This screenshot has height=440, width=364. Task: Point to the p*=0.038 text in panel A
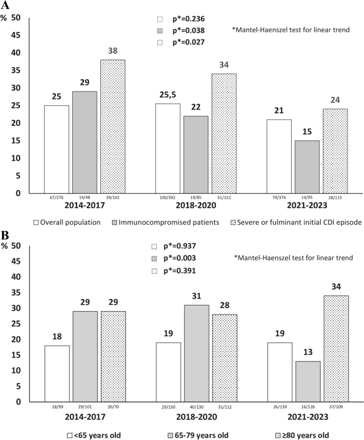pos(188,30)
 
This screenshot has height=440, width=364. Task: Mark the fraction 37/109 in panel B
pos(336,409)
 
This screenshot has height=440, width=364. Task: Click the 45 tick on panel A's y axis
pos(16,36)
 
